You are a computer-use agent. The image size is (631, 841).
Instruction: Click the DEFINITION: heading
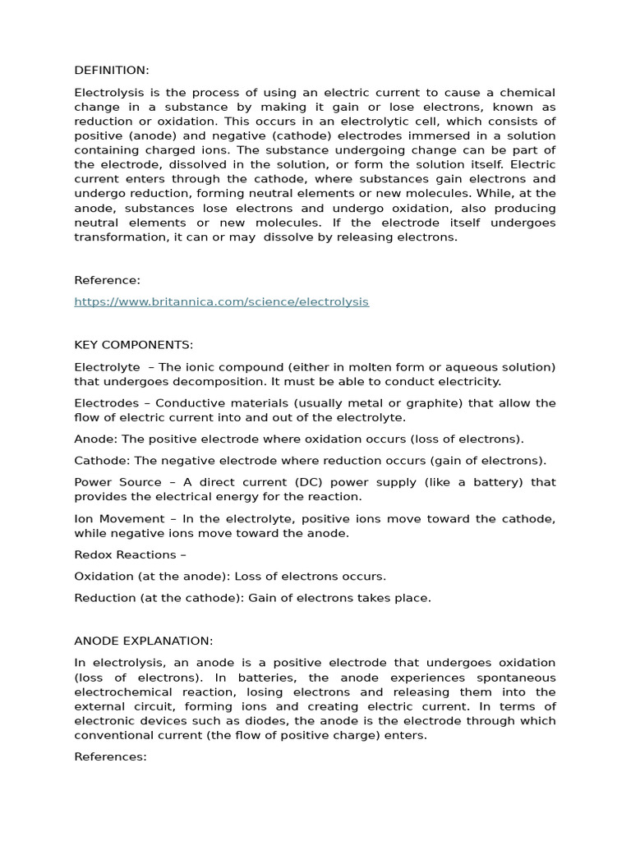(112, 71)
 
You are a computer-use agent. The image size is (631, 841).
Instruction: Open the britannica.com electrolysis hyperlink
(221, 301)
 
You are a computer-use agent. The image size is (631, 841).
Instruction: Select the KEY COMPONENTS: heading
(134, 344)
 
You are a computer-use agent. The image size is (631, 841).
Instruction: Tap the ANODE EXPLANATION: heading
(144, 641)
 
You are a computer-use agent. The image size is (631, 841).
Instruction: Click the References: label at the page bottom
(110, 756)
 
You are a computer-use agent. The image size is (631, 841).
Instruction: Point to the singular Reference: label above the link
(107, 280)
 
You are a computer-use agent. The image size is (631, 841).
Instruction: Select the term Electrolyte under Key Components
(107, 366)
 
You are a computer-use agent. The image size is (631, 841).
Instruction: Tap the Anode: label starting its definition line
(93, 439)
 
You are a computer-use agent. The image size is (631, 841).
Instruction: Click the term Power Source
(117, 482)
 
